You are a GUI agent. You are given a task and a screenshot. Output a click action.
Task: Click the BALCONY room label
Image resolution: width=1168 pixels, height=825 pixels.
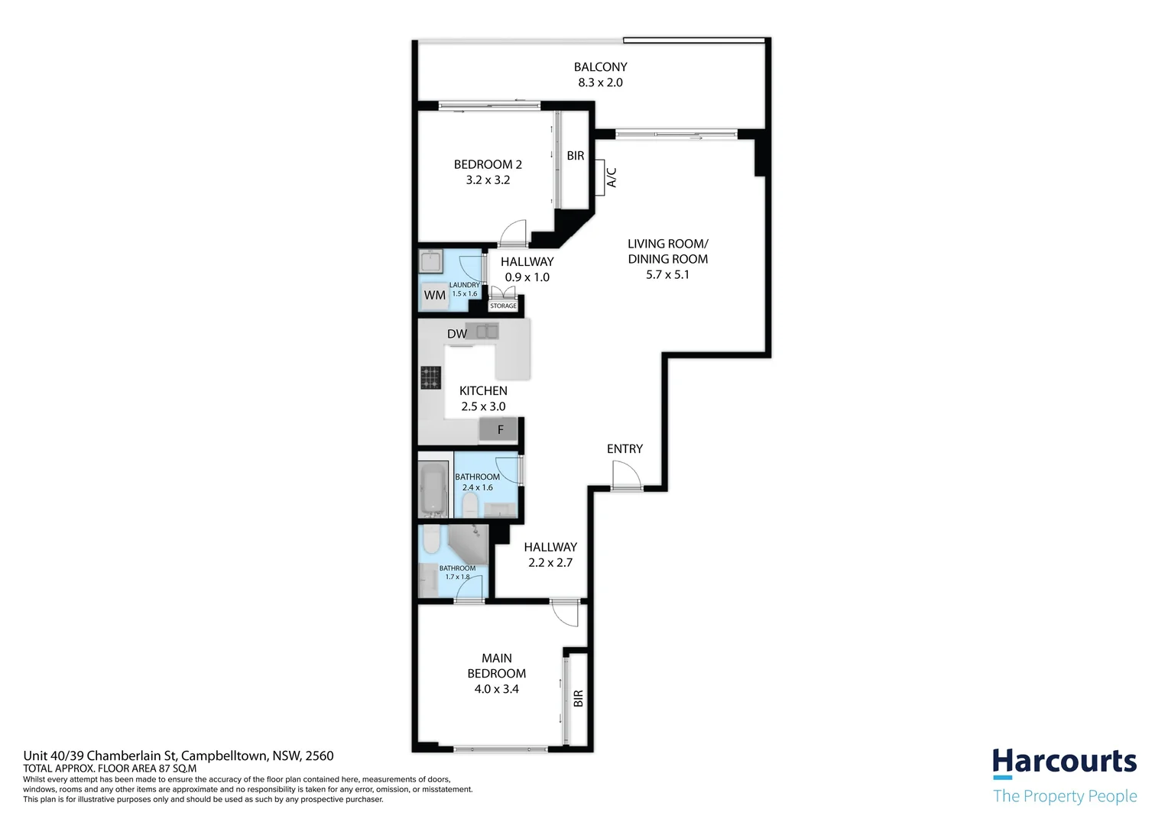click(600, 66)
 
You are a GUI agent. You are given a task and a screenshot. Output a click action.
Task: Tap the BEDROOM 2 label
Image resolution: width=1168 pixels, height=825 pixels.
click(488, 165)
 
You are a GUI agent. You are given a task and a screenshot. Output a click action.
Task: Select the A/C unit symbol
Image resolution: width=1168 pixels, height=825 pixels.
click(599, 177)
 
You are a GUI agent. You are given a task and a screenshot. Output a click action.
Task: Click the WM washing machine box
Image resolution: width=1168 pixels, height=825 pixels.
click(435, 296)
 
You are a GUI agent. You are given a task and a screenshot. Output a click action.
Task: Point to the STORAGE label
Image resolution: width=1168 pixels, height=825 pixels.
click(503, 306)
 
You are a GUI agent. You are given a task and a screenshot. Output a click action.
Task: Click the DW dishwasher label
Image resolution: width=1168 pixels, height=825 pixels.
click(457, 334)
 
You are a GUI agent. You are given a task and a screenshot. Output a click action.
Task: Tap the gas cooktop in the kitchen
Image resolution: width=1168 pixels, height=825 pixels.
click(430, 378)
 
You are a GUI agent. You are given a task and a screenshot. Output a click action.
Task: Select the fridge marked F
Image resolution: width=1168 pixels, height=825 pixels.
click(498, 430)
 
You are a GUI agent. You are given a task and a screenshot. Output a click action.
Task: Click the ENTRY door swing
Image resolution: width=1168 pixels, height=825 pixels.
click(626, 475)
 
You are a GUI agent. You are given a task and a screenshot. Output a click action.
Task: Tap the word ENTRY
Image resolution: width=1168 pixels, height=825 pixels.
click(625, 448)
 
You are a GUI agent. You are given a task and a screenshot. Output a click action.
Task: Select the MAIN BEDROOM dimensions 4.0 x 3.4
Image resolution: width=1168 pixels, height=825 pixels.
click(496, 689)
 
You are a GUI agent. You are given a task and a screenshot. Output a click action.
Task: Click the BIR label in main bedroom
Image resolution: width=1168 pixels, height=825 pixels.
click(578, 698)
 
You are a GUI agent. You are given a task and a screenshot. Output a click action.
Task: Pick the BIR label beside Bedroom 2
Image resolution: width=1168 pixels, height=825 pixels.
click(576, 156)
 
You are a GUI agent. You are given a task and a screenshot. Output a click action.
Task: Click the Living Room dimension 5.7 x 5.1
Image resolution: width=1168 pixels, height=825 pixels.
click(667, 275)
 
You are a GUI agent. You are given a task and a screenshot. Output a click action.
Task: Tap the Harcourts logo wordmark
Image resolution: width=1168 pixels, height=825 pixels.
click(1064, 762)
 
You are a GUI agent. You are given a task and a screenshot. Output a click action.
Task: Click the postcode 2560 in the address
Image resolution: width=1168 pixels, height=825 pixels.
click(319, 755)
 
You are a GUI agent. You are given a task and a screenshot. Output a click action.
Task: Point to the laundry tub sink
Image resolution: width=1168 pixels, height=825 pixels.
click(431, 261)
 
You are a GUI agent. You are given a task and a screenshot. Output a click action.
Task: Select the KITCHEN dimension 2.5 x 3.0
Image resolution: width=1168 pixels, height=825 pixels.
click(483, 406)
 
